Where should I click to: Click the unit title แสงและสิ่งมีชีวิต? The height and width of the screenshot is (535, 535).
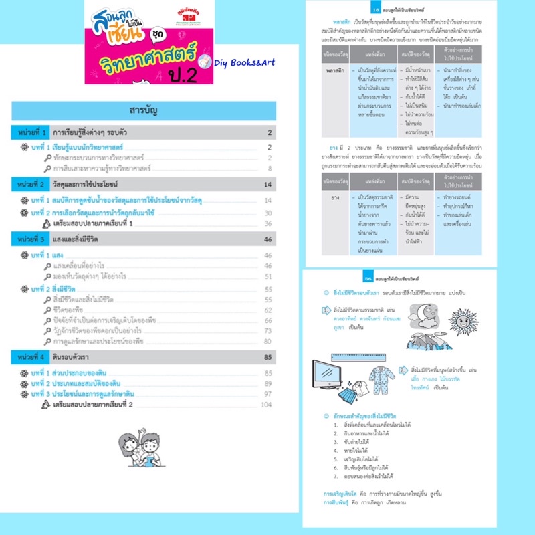click(x=90, y=239)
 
